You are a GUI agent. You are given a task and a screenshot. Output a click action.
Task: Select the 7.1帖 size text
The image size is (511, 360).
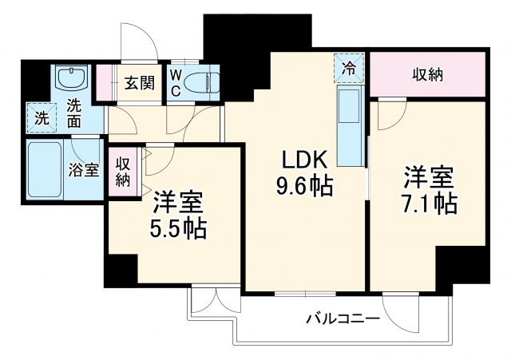coord(430,204)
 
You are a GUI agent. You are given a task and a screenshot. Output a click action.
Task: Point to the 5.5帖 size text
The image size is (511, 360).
coord(178,229)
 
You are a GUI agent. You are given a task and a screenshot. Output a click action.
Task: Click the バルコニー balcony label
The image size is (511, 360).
coord(342,318)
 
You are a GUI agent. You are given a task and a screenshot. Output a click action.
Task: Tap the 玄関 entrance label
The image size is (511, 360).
coord(139,84)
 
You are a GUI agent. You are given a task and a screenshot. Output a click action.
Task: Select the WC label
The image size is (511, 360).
coord(176,83)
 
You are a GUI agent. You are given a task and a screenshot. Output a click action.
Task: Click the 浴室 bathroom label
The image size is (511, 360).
coord(85,170)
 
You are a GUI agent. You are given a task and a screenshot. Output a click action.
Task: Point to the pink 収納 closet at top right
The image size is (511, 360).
coord(427,75)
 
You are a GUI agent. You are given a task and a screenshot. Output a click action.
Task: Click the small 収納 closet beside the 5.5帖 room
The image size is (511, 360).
coord(122,171)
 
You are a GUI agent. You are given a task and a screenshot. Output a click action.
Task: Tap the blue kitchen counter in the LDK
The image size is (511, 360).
coord(350,124)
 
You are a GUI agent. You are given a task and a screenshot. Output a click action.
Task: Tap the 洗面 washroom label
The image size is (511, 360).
coord(73,113)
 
